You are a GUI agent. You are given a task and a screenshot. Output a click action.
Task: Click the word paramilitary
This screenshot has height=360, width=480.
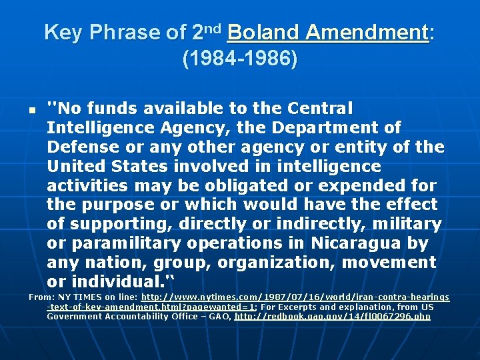[x=125, y=243]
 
